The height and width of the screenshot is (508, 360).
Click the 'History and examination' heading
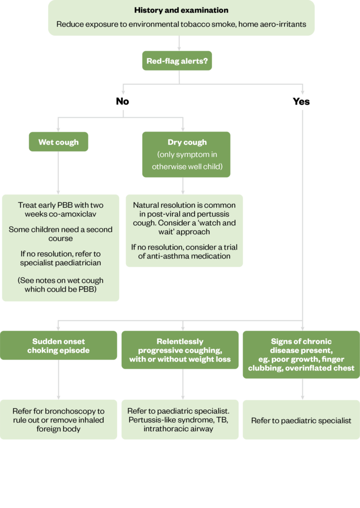(x=181, y=10)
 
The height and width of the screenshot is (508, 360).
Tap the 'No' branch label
(x=122, y=101)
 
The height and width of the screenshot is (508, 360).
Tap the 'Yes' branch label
(x=301, y=101)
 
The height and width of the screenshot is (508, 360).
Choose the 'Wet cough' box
(x=59, y=142)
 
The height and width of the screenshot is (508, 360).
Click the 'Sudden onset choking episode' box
(x=59, y=346)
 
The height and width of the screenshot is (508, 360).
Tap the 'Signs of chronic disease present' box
(x=301, y=355)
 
